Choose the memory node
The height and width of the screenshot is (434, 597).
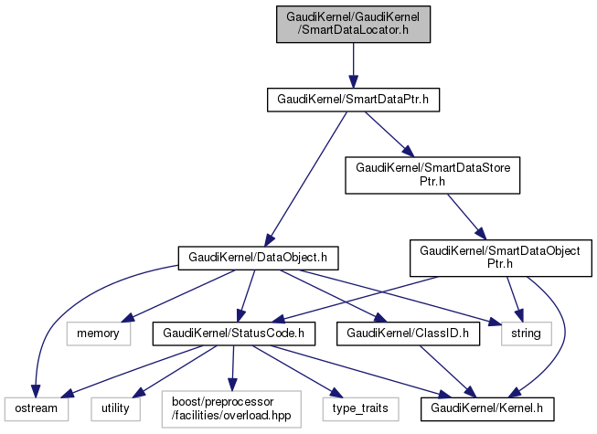pyautogui.click(x=99, y=333)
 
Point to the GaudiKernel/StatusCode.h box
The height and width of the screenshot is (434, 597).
pyautogui.click(x=233, y=333)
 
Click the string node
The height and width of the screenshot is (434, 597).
pyautogui.click(x=527, y=333)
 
